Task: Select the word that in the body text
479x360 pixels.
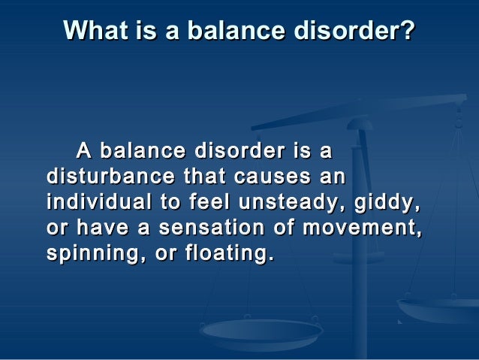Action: tap(197, 178)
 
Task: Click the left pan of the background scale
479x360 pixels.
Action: tap(261, 329)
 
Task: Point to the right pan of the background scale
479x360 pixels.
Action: tap(438, 308)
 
